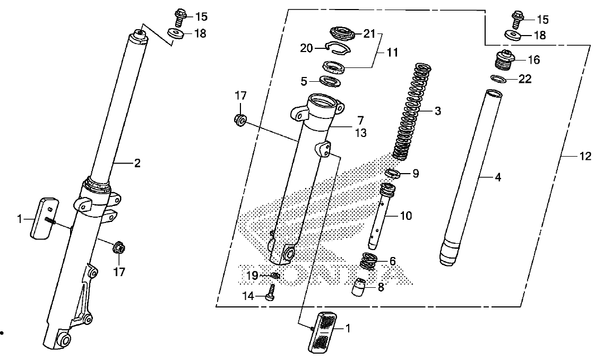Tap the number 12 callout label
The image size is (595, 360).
point(585,156)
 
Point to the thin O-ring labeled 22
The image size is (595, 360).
point(498,79)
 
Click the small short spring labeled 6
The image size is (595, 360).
point(368,261)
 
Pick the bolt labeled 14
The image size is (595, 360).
point(270,293)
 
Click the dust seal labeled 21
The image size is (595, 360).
point(343,32)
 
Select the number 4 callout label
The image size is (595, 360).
point(497,177)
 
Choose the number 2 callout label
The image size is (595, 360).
point(136,164)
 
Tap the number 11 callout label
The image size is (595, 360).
point(392,53)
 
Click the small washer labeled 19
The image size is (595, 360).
point(275,276)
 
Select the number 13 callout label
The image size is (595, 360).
point(361,133)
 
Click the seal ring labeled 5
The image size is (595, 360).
point(330,81)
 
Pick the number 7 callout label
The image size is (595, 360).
point(360,121)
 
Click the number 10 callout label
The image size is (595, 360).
point(406,216)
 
